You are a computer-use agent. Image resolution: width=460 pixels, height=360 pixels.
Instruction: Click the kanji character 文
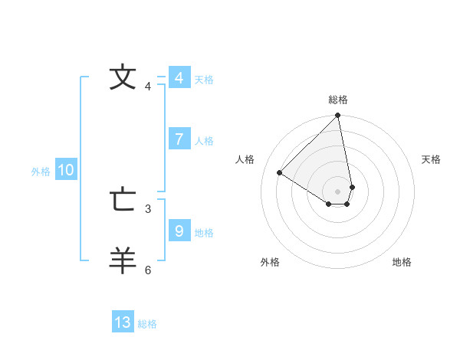123,77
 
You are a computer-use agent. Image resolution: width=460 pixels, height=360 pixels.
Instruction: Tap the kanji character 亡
123,200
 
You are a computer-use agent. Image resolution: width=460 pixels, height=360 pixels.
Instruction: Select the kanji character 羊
123,260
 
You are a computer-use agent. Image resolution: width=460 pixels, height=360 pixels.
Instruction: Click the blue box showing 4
179,78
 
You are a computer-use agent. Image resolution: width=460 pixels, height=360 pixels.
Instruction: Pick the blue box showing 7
179,139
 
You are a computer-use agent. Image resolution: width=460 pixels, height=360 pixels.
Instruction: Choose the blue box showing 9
179,231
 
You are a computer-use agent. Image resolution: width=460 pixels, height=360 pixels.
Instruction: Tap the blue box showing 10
66,171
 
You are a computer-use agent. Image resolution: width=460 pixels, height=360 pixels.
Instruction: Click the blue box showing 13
123,322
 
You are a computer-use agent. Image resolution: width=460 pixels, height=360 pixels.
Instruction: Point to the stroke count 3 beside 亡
148,208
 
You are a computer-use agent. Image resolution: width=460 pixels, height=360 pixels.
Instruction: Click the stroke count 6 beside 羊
148,270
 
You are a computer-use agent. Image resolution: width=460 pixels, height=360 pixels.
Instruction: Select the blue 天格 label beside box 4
204,80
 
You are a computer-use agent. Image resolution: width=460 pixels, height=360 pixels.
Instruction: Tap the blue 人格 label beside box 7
204,141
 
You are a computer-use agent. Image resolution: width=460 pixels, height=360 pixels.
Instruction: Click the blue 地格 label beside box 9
204,233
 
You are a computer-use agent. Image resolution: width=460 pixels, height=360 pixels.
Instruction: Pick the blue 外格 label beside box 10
41,172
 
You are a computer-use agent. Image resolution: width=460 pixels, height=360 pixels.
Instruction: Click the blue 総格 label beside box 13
147,324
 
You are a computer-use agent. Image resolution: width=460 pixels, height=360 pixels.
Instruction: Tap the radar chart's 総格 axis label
338,100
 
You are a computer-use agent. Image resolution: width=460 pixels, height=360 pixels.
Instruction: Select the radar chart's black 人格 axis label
245,159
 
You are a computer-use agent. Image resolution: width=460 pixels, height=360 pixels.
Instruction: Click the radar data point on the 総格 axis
338,116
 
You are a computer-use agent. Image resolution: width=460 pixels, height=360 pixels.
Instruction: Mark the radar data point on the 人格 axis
280,173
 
